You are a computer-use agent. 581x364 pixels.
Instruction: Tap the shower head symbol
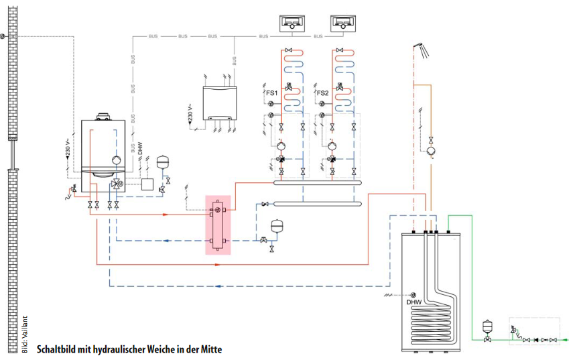pos(419,46)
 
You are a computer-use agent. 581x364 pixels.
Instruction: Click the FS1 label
pos(271,93)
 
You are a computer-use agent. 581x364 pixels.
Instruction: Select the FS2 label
pos(322,93)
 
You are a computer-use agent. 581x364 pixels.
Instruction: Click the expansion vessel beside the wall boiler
pos(162,162)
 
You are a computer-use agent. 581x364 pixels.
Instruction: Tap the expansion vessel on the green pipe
pos(487,326)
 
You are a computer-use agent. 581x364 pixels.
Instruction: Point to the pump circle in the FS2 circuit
pos(330,145)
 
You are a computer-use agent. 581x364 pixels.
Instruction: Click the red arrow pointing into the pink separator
pos(166,215)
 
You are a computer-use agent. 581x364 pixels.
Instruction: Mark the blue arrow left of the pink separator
pos(166,240)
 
